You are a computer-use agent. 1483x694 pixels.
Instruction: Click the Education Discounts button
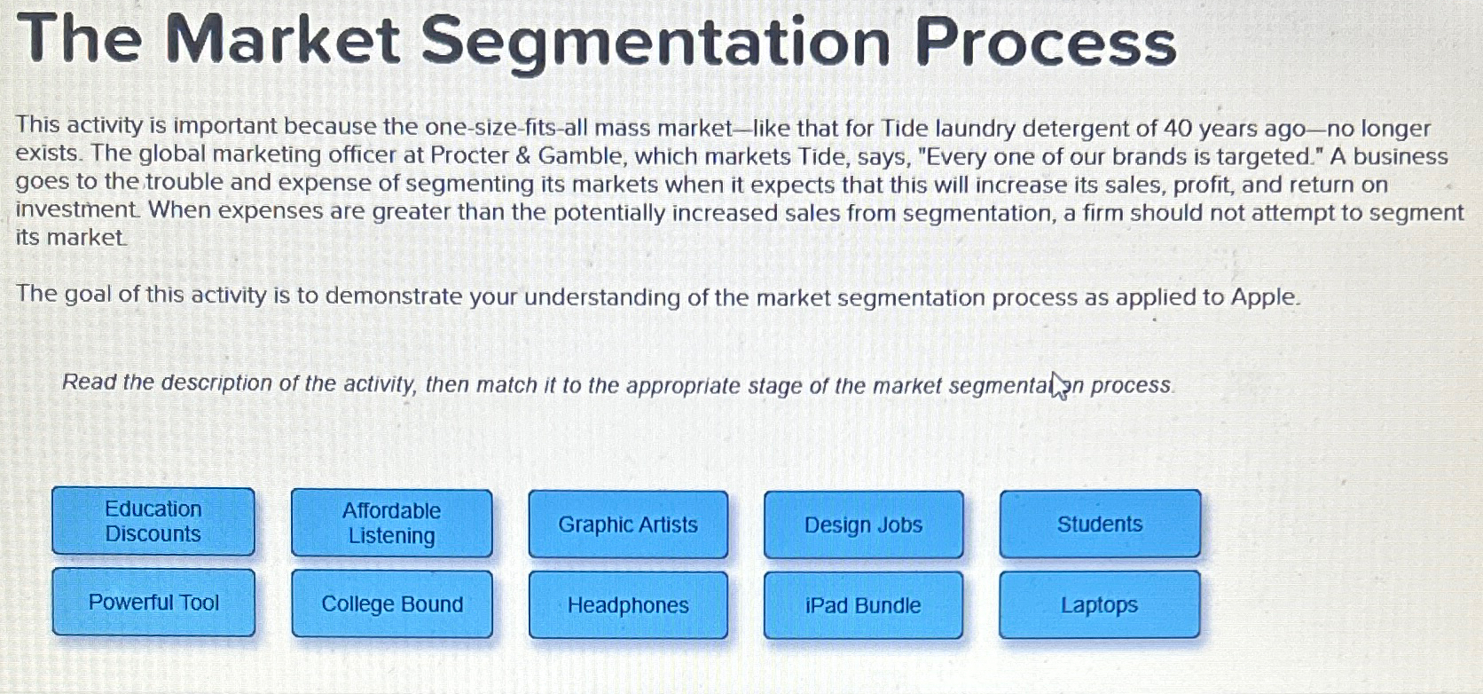(x=153, y=522)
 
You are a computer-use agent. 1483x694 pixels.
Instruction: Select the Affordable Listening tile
(x=391, y=524)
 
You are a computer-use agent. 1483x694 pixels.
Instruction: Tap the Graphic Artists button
(x=628, y=524)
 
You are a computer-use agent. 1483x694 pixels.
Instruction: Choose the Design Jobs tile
(x=863, y=524)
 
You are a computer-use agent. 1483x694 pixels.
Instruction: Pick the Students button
(x=1100, y=524)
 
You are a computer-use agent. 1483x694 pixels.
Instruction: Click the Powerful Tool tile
(x=153, y=603)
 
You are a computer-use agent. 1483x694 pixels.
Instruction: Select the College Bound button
(x=392, y=604)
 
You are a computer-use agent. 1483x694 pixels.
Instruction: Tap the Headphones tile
(x=628, y=605)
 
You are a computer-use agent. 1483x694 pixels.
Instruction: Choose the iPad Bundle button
(x=863, y=605)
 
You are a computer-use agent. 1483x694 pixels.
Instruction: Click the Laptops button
(x=1099, y=605)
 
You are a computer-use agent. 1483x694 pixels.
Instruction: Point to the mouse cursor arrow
(x=1057, y=384)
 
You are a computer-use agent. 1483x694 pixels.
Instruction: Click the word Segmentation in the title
(x=655, y=43)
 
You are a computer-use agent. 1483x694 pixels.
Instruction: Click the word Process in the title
(x=1046, y=43)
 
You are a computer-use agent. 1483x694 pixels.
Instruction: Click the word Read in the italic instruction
(x=89, y=382)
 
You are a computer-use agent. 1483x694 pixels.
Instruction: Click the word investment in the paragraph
(x=76, y=210)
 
